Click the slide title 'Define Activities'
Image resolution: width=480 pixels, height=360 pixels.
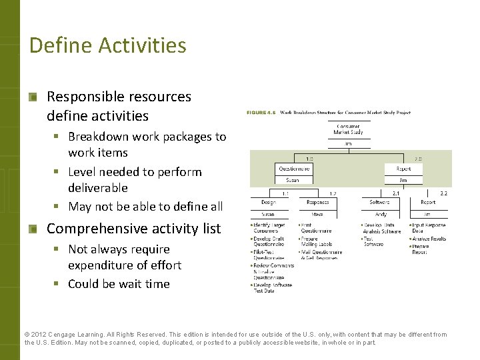coord(107,45)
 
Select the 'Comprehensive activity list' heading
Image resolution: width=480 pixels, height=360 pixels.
coord(133,229)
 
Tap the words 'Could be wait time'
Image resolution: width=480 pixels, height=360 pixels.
coord(119,284)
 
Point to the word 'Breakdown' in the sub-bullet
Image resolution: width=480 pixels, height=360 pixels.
coord(98,137)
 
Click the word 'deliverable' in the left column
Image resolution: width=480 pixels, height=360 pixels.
coord(97,188)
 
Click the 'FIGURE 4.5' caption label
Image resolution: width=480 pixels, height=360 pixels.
coord(261,113)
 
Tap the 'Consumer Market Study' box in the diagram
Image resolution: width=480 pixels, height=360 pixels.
coord(348,129)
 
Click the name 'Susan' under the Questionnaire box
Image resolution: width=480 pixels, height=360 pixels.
coord(292,180)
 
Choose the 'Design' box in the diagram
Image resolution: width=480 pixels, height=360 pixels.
coord(268,202)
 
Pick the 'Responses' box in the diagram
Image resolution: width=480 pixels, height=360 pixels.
coord(317,202)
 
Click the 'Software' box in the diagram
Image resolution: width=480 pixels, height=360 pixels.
coord(379,202)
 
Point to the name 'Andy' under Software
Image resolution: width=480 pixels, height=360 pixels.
coord(379,214)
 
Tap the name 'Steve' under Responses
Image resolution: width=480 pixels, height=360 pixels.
coord(317,214)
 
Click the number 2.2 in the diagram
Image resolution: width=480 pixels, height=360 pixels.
coord(443,193)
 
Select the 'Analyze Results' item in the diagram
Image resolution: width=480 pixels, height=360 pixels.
coord(429,238)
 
